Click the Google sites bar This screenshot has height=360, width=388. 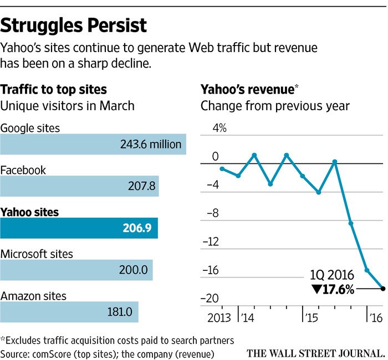pyautogui.click(x=93, y=145)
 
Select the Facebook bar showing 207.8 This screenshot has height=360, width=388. pyautogui.click(x=79, y=186)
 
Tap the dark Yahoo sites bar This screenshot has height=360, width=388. pyautogui.click(x=79, y=228)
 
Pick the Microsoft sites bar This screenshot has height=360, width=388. pyautogui.click(x=76, y=270)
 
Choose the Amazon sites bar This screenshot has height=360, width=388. pyautogui.click(x=69, y=311)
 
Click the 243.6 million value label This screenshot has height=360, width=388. pyautogui.click(x=151, y=145)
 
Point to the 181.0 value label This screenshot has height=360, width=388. pyautogui.click(x=119, y=311)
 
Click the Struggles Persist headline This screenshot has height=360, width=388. pyautogui.click(x=74, y=25)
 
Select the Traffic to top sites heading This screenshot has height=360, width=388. pyautogui.click(x=54, y=90)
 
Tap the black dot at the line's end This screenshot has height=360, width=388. pyautogui.click(x=383, y=288)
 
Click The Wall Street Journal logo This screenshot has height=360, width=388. pyautogui.click(x=315, y=352)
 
